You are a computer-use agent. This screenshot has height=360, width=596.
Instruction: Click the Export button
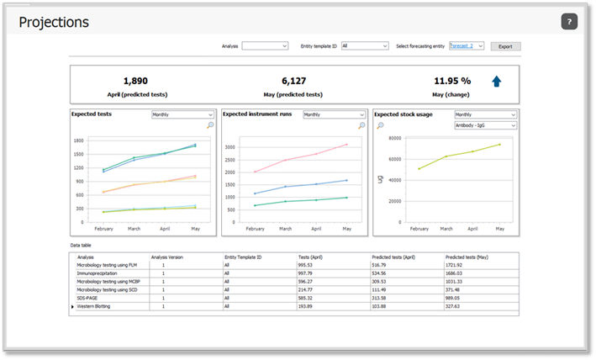[x=505, y=46]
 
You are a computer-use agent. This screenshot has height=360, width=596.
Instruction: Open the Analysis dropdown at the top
[x=265, y=46]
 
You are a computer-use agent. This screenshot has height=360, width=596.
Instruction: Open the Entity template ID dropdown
[x=364, y=46]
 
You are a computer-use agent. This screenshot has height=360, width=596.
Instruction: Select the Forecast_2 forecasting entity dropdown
[x=467, y=46]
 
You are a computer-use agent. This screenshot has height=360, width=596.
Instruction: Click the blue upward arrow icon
[x=497, y=82]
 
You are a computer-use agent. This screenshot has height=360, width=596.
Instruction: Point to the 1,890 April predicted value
[x=134, y=81]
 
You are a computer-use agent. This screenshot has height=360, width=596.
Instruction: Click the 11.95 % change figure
[x=452, y=81]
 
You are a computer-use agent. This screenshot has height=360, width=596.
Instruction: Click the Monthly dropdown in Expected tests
[x=182, y=114]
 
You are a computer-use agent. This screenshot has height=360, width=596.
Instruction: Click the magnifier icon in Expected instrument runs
[x=361, y=125]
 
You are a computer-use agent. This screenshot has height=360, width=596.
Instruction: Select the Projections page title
[x=53, y=22]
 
